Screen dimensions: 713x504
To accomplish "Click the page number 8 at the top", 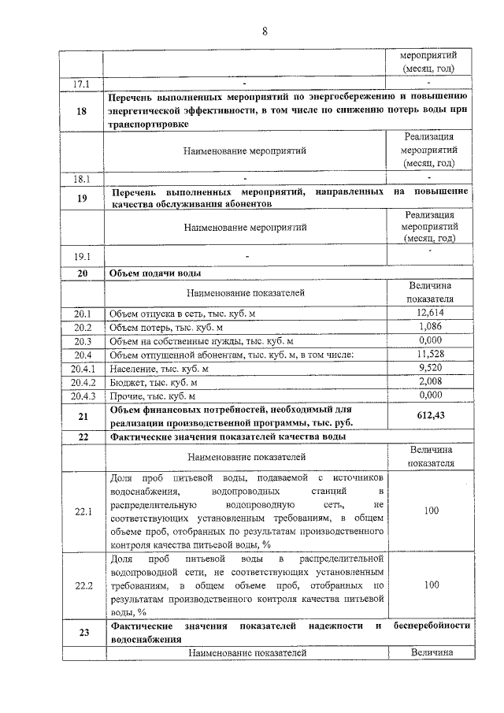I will pos(265,31).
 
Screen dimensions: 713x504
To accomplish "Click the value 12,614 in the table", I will pos(430,314).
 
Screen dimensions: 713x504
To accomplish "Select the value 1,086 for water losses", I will pos(430,327).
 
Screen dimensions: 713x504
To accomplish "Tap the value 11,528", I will pos(430,355).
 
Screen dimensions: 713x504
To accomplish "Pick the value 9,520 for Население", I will pos(430,368).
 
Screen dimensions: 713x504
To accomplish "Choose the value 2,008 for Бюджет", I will pos(430,381).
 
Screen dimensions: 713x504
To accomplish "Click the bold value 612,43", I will pos(430,415).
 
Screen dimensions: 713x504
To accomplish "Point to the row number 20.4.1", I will pos(83,368).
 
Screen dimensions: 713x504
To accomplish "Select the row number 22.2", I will pos(83,585).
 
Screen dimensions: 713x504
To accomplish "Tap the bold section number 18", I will pos(83,111).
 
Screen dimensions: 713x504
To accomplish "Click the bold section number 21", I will pos(83,415).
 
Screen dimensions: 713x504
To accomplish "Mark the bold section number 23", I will pos(83,633).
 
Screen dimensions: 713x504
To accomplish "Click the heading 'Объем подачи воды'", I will pos(155,273).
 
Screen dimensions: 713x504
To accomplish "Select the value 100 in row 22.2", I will pos(430,585).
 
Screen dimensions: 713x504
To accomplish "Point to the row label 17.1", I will pos(83,83).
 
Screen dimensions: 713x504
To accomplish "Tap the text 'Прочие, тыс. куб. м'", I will pos(152,395).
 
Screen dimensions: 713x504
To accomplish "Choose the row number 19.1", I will pos(83,256).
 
